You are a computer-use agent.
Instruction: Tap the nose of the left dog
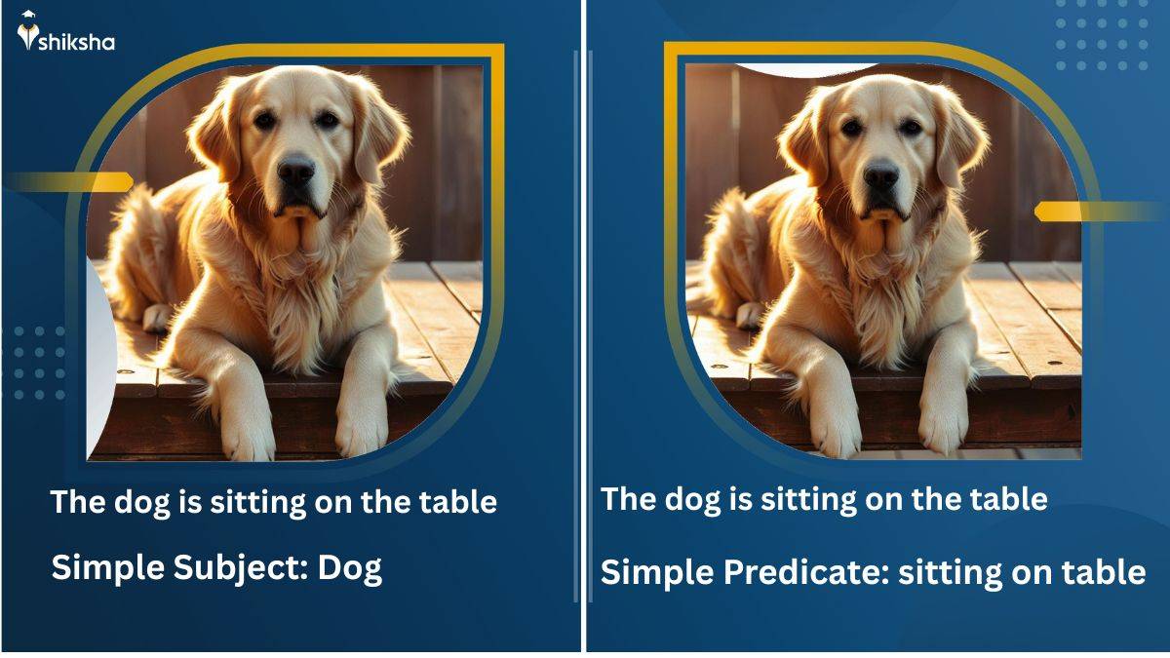(295, 174)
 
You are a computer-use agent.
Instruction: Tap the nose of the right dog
(880, 176)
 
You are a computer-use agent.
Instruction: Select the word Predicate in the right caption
(803, 571)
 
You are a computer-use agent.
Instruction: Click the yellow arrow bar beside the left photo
(73, 181)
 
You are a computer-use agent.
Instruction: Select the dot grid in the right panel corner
(1103, 35)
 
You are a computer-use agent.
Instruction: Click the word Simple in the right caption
(656, 571)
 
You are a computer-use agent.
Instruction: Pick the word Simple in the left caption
(105, 566)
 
